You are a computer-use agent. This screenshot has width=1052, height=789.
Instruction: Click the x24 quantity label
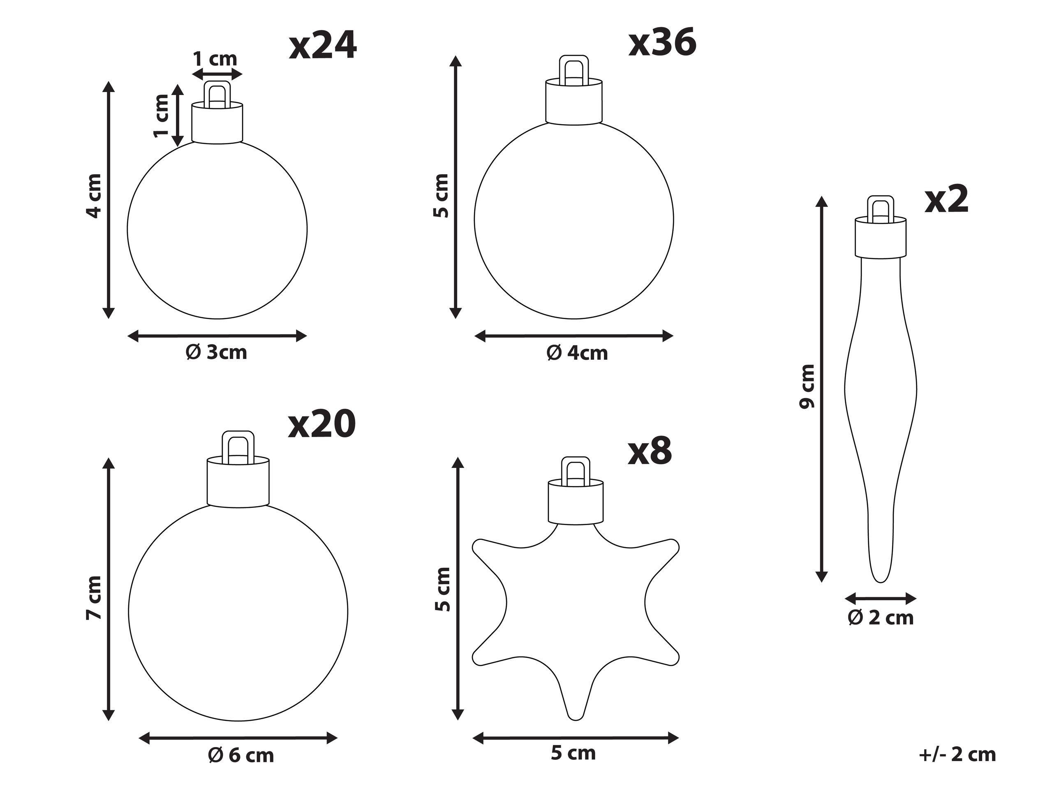323,46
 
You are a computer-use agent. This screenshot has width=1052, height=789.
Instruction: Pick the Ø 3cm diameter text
216,352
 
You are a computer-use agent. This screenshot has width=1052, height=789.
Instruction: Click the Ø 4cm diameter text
577,353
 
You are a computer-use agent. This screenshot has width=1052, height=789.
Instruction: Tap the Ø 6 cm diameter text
241,755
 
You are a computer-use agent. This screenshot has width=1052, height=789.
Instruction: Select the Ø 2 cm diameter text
881,618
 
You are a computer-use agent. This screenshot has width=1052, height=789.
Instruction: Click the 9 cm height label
807,386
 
